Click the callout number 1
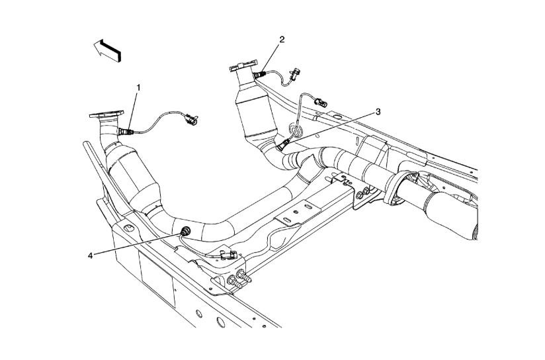(138, 87)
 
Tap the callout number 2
(282, 40)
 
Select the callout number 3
(378, 112)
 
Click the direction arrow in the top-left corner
(108, 50)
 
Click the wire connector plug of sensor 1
(192, 120)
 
